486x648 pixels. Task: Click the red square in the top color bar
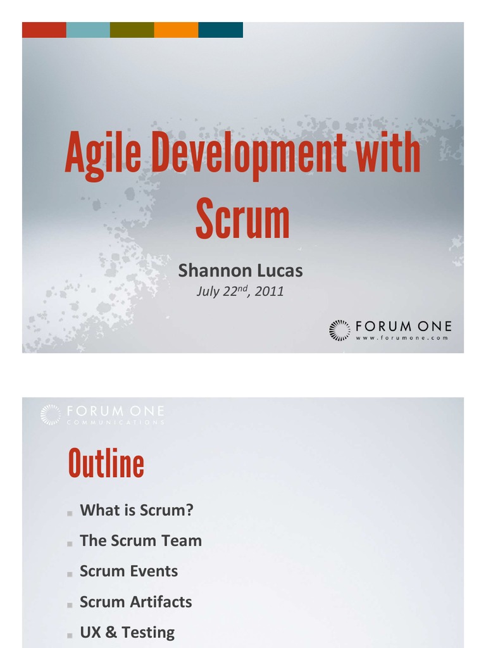pos(44,30)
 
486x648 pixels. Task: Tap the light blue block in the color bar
pos(88,30)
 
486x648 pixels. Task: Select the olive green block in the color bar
pos(132,30)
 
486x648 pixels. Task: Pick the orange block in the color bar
pos(176,30)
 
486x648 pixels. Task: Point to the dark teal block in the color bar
pos(220,30)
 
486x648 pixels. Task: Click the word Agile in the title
pos(103,154)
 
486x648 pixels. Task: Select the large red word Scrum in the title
pos(242,218)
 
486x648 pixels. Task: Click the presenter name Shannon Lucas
pos(240,271)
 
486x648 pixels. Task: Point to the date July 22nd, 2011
pos(240,291)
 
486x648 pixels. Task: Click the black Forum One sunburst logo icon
pos(340,330)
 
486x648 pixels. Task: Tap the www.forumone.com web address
pos(402,338)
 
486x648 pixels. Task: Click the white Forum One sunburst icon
pos(51,414)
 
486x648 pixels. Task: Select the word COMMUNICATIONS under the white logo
pos(115,423)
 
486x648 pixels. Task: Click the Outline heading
pos(106,464)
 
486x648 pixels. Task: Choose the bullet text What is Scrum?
pos(137,510)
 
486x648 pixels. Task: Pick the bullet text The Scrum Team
pos(140,540)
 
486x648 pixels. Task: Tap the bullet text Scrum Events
pos(128,571)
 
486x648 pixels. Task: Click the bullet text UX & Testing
pos(127,632)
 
